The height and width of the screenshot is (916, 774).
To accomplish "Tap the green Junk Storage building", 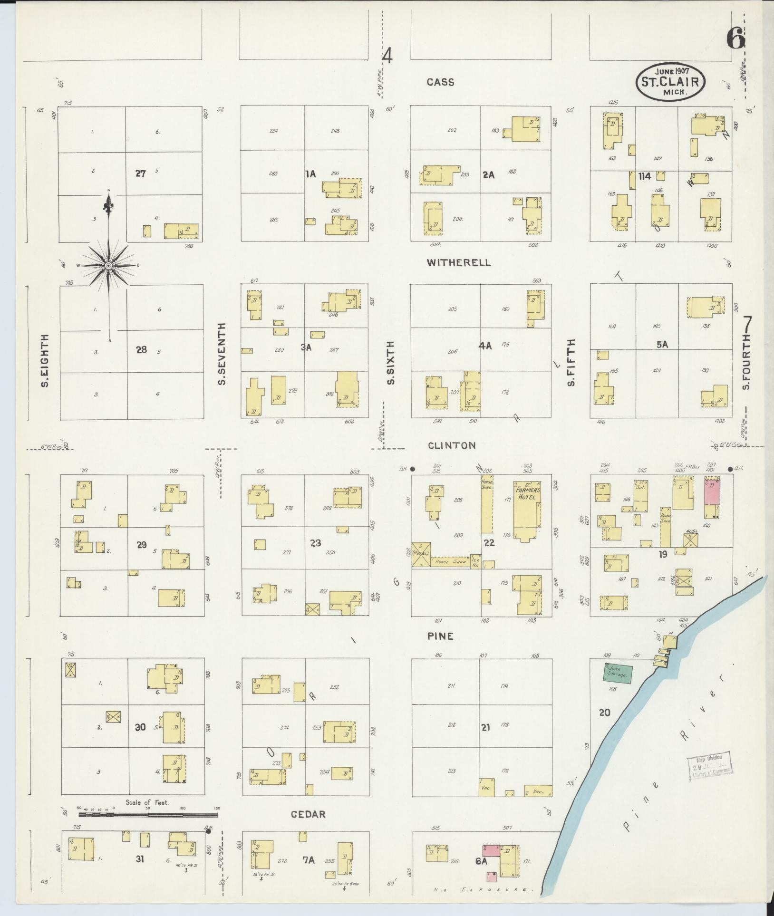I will coord(618,674).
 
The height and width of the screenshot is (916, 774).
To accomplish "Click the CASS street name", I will coord(440,82).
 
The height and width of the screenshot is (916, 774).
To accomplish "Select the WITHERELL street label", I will coord(458,262).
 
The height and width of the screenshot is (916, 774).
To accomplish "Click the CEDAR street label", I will coord(308,814).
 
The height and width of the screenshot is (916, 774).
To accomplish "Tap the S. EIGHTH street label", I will coord(45,360).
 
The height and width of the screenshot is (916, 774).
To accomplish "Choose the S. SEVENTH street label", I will coord(222,354).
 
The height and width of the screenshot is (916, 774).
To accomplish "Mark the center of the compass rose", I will coord(108,265).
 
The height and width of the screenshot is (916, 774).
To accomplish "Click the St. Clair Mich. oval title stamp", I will coord(670,82).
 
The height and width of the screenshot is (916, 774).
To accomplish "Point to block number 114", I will coord(645,176).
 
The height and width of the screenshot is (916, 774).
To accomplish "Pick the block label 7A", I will coord(309,860).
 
